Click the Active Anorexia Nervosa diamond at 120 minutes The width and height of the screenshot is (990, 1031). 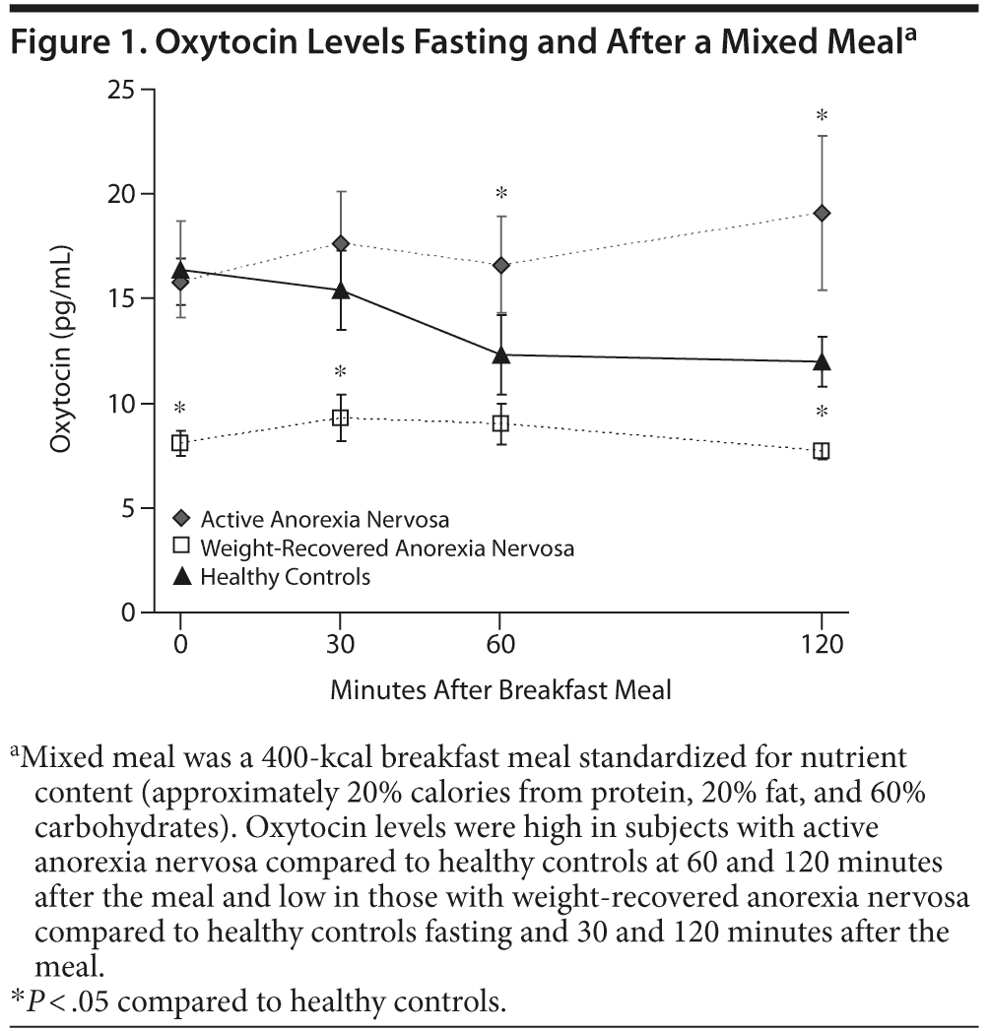pos(822,213)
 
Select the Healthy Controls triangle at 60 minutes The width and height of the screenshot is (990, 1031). pos(500,354)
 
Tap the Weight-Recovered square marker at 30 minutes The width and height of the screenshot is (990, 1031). pos(340,418)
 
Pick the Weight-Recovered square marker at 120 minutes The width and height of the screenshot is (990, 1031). pos(822,450)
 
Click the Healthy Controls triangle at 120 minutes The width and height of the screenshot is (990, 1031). pos(822,360)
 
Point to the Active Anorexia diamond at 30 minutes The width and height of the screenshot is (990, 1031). pos(340,243)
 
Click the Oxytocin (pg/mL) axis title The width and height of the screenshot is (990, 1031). pos(62,352)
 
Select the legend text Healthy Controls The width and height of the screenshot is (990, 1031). pos(285,577)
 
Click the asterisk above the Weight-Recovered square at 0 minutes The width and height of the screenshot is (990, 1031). pos(179,409)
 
